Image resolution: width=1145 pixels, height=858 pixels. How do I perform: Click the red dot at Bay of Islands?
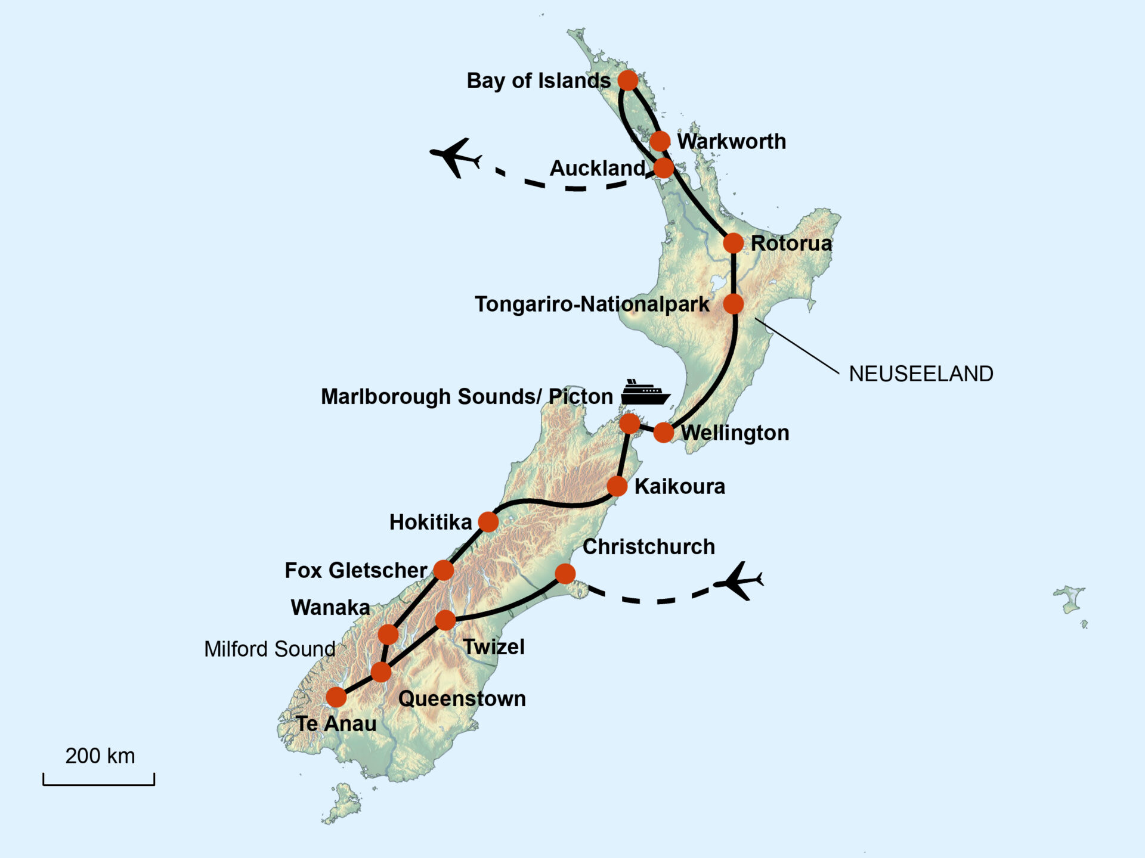[x=627, y=80]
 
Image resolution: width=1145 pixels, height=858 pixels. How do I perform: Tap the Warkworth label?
[x=731, y=142]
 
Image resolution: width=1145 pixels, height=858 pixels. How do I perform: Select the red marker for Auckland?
[x=663, y=168]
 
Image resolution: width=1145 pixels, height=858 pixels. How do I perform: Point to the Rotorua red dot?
[x=733, y=243]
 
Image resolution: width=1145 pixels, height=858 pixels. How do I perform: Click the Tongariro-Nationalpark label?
[x=592, y=304]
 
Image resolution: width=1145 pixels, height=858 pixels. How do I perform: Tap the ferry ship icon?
[x=645, y=392]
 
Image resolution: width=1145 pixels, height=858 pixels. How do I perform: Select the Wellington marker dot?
[x=663, y=433]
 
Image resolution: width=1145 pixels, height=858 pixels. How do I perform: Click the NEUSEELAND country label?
[x=921, y=374]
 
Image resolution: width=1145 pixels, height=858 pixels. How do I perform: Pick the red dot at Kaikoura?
[x=617, y=486]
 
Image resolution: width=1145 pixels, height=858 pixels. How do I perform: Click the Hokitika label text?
[x=430, y=523]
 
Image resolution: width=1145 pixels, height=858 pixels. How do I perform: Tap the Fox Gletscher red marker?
[x=443, y=570]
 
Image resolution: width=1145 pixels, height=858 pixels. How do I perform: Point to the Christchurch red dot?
[x=565, y=574]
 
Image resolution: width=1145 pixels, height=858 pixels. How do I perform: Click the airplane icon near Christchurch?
[x=738, y=580]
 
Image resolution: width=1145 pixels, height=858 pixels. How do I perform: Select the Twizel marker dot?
[x=445, y=620]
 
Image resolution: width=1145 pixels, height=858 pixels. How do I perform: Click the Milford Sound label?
[x=270, y=649]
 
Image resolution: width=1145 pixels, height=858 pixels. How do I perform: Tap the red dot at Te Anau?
[x=336, y=697]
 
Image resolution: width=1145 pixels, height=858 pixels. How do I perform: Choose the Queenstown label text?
[x=462, y=699]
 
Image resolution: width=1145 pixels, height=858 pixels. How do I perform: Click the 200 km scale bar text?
[x=100, y=756]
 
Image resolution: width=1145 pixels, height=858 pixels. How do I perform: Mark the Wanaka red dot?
[x=388, y=635]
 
